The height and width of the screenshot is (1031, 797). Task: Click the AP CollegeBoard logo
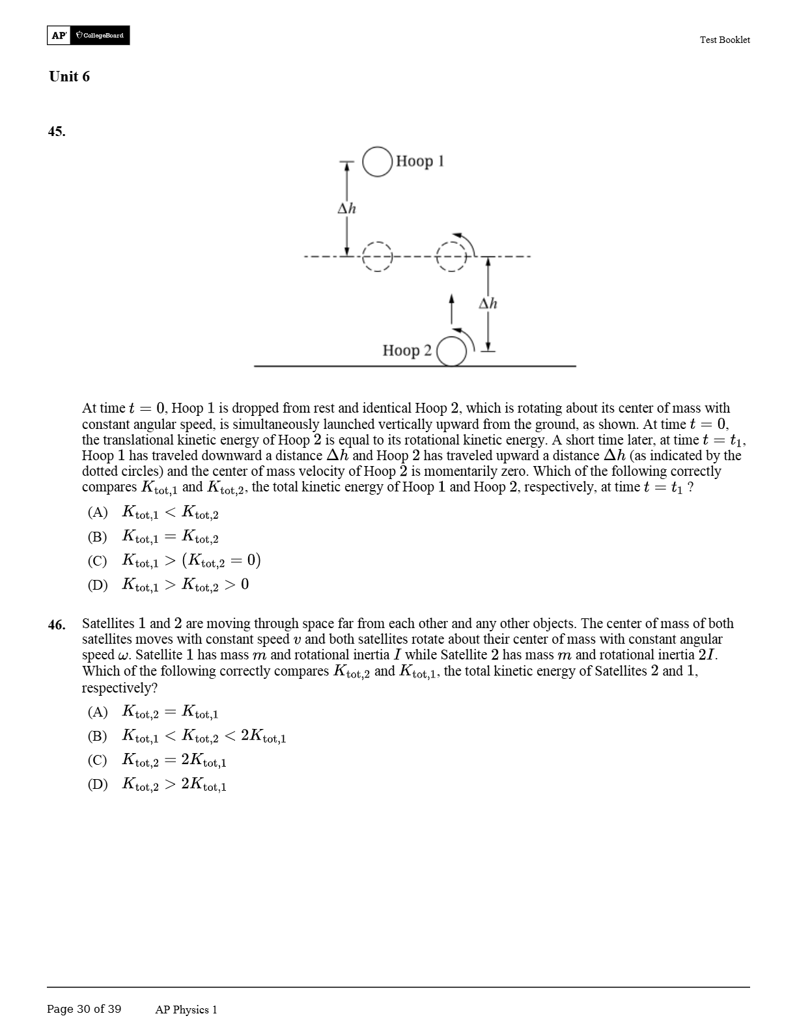click(89, 35)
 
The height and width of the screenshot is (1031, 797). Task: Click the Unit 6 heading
click(69, 77)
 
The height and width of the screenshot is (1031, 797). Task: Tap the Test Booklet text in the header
click(724, 40)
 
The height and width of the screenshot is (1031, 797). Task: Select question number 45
click(57, 131)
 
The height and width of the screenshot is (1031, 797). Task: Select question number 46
click(57, 625)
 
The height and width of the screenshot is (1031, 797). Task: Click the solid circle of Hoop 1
click(377, 161)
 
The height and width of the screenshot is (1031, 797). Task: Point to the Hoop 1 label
click(420, 161)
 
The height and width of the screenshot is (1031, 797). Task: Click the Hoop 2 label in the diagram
click(407, 350)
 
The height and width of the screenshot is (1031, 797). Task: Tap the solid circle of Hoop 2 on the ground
click(452, 352)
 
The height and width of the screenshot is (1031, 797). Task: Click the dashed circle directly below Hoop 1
click(377, 256)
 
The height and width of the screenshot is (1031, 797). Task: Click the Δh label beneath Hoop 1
click(346, 208)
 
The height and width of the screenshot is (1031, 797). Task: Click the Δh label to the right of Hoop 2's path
click(488, 303)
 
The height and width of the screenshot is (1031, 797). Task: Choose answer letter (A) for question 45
click(98, 512)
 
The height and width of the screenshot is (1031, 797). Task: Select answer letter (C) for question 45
click(98, 560)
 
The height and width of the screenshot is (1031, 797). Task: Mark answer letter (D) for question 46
click(98, 784)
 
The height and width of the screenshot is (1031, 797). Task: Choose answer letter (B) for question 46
click(98, 736)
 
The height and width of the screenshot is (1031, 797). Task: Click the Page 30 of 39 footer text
click(84, 1009)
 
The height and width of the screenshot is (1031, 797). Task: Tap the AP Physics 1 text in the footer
click(186, 1010)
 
